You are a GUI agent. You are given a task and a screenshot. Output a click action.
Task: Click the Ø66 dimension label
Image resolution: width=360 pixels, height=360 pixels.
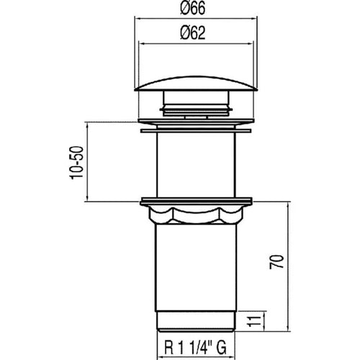coord(193,8)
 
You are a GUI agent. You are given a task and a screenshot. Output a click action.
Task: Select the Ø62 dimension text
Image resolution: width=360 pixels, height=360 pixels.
coord(193,33)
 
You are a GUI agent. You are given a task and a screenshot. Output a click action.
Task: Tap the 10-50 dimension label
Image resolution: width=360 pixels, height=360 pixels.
coord(77,163)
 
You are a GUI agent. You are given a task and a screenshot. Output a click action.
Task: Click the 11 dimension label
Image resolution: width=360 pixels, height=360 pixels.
coord(254,320)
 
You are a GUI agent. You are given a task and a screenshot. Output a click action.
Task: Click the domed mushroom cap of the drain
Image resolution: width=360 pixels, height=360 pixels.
coord(196,84)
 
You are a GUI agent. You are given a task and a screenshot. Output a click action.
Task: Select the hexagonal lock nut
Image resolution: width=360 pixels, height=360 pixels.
coord(196,215)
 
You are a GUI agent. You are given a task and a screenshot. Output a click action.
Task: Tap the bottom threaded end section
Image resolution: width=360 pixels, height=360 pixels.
coord(196,322)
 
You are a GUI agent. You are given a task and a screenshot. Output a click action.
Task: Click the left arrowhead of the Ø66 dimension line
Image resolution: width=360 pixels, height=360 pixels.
coord(137,18)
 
